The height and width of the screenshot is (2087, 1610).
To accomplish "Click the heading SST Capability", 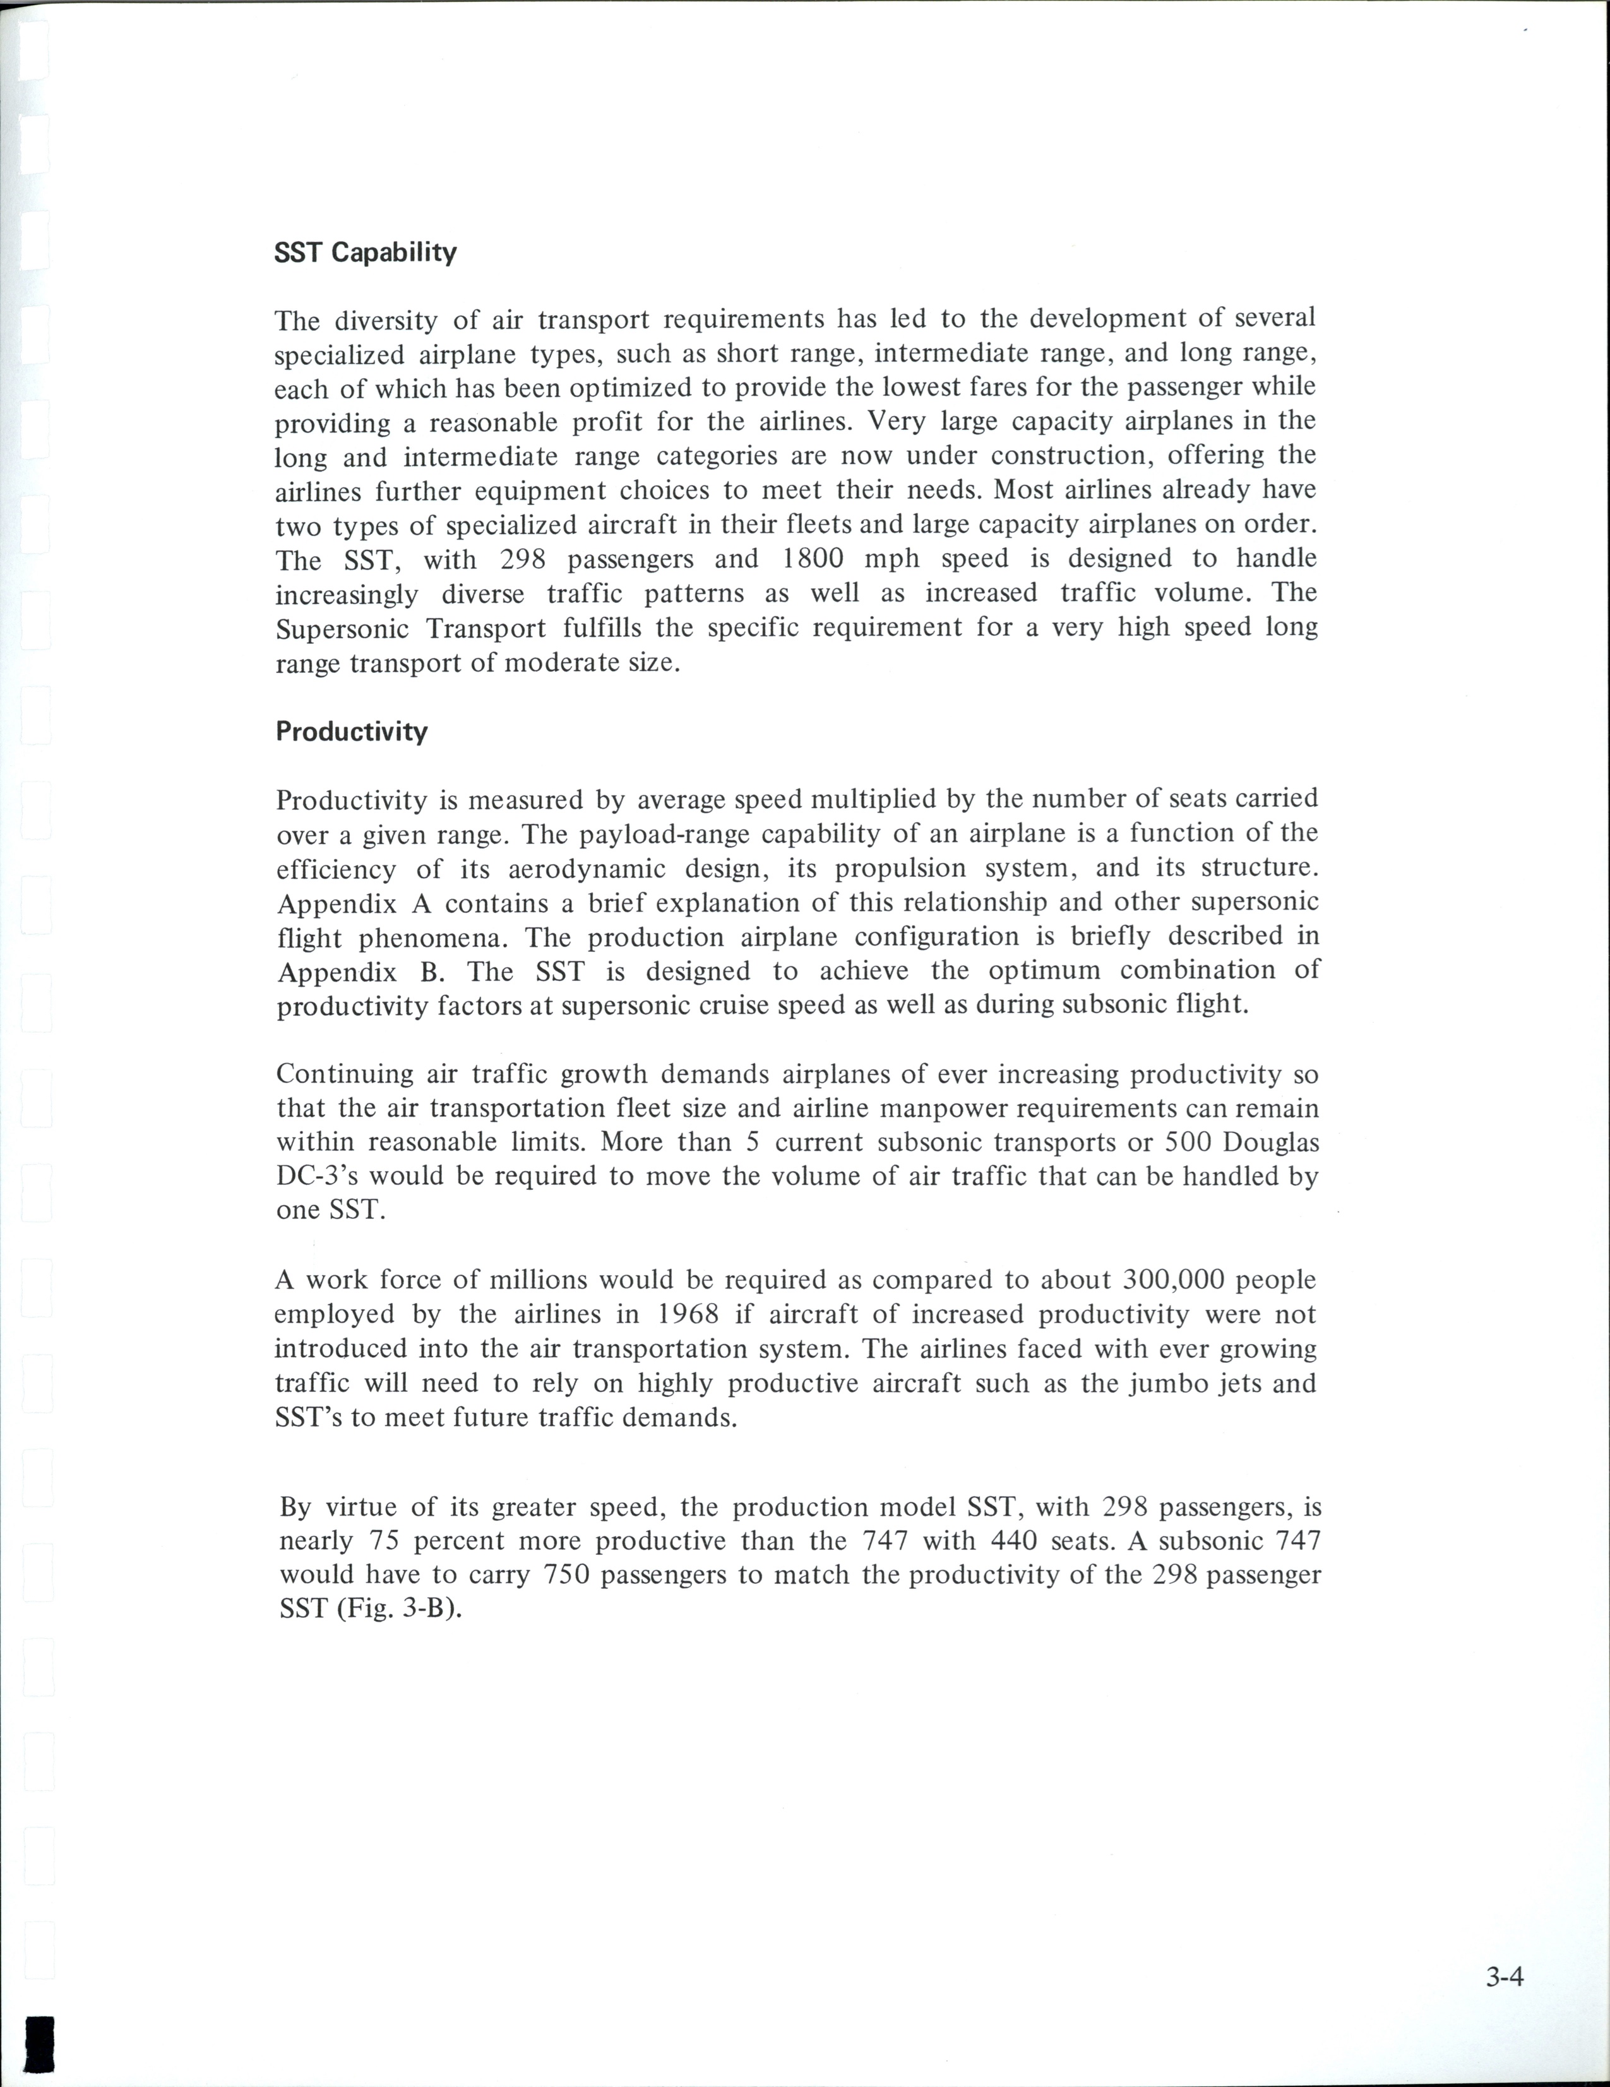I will tap(365, 253).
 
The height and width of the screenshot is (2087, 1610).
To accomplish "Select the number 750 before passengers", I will tap(570, 1575).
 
